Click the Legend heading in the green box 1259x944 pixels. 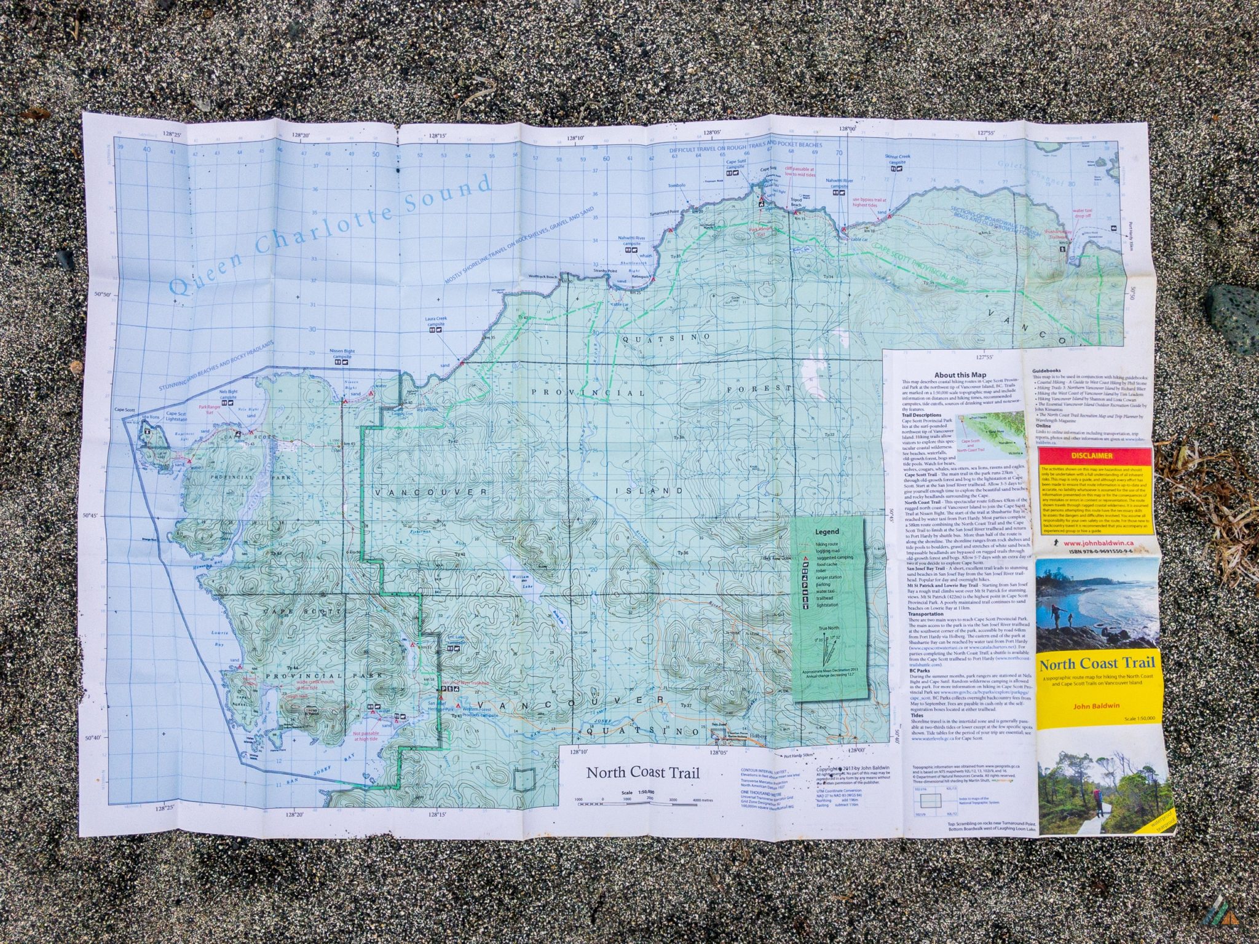pos(826,532)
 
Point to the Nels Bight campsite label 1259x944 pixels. pos(228,394)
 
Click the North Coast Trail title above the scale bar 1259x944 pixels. pos(642,773)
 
